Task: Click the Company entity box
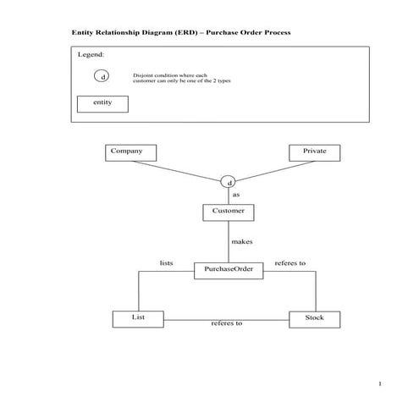(x=132, y=152)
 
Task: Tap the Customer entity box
(x=228, y=212)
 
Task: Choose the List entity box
(x=138, y=318)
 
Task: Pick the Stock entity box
(x=315, y=318)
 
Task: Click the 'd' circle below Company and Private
(x=229, y=182)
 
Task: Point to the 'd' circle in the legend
(x=102, y=77)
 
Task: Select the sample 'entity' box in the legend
(x=102, y=103)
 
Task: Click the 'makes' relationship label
(x=242, y=242)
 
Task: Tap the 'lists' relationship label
(x=166, y=263)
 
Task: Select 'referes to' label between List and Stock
(x=226, y=323)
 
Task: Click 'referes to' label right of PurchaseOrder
(x=290, y=263)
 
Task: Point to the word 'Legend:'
(x=91, y=54)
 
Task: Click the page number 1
(x=381, y=385)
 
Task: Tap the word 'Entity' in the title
(x=83, y=32)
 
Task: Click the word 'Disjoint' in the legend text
(x=143, y=75)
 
